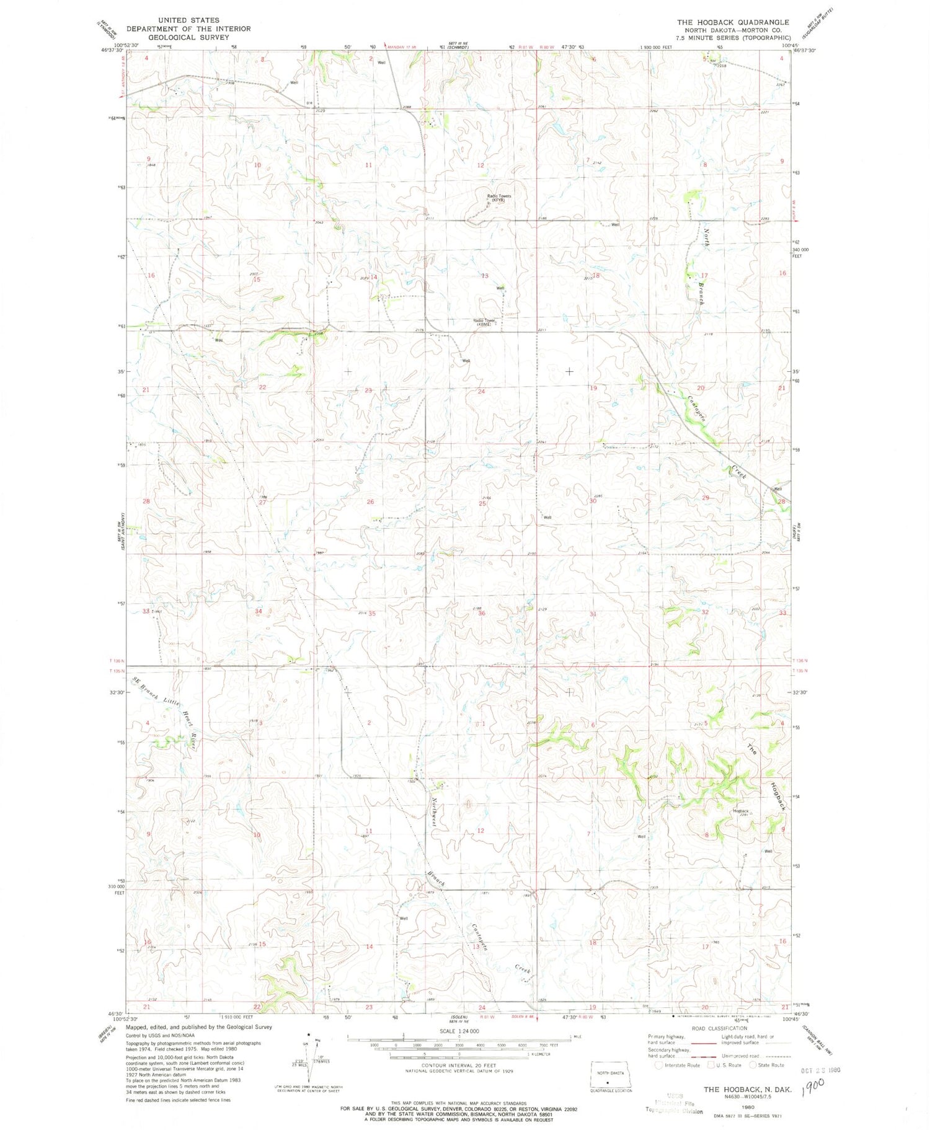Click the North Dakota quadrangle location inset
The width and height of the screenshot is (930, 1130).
[x=611, y=1079]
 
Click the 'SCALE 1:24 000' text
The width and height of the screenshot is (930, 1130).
[x=459, y=1031]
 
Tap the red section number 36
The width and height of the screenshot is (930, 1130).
[x=482, y=613]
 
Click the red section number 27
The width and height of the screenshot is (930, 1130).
[x=262, y=503]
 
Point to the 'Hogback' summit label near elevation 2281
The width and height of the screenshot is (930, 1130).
[x=741, y=811]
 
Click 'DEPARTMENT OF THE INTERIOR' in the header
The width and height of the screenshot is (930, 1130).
[x=188, y=29]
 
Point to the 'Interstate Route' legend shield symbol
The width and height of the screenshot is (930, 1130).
[x=658, y=1065]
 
